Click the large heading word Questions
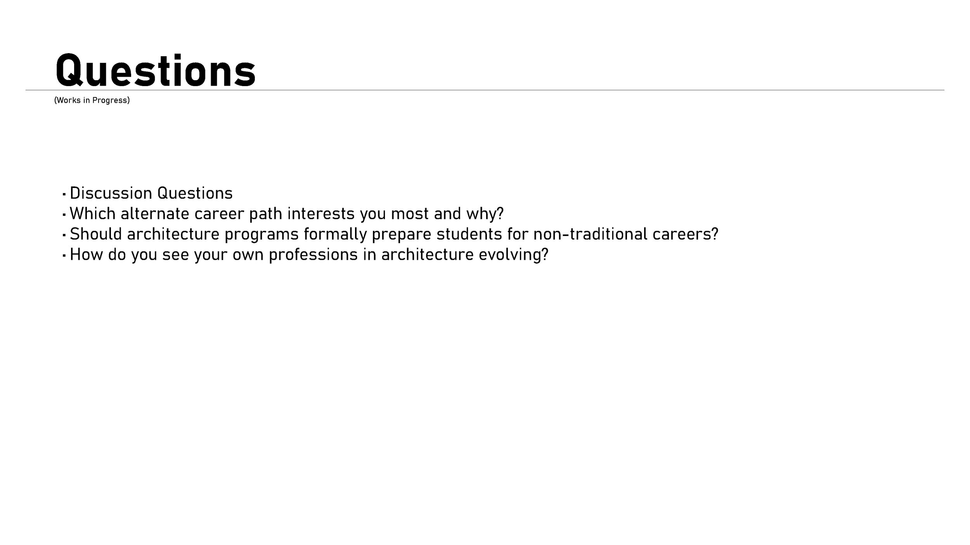pos(156,71)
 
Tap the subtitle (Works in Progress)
pos(92,100)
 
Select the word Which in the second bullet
pos(92,214)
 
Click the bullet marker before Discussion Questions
pos(64,194)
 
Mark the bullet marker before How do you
pos(64,255)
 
